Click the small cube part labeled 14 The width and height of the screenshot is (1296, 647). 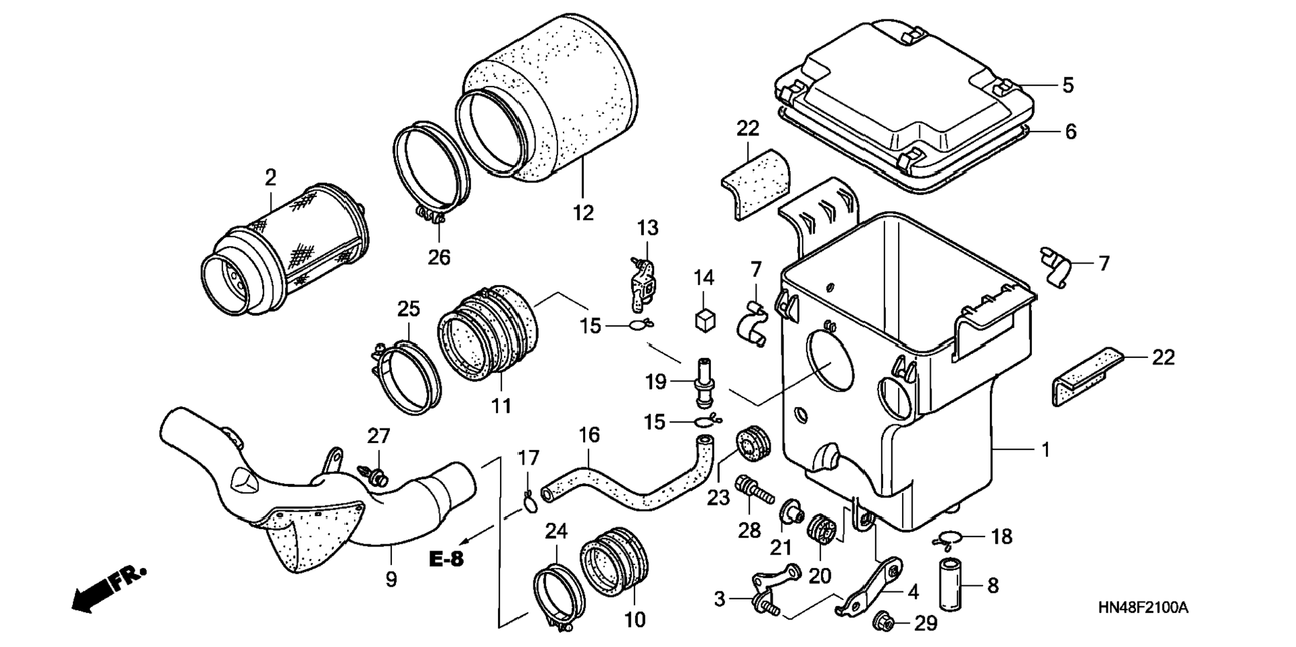click(704, 318)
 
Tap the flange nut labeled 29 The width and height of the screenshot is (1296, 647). click(883, 623)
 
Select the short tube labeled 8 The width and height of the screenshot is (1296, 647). click(951, 585)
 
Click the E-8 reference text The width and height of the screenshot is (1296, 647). click(447, 558)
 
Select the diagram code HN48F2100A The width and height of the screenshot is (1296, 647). click(1143, 608)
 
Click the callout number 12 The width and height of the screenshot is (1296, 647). click(584, 213)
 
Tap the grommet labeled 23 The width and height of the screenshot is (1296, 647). click(754, 442)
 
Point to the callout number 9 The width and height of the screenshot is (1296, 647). click(391, 579)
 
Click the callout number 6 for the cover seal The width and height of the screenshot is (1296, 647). click(1071, 131)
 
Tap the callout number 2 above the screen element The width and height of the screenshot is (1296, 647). click(270, 177)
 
